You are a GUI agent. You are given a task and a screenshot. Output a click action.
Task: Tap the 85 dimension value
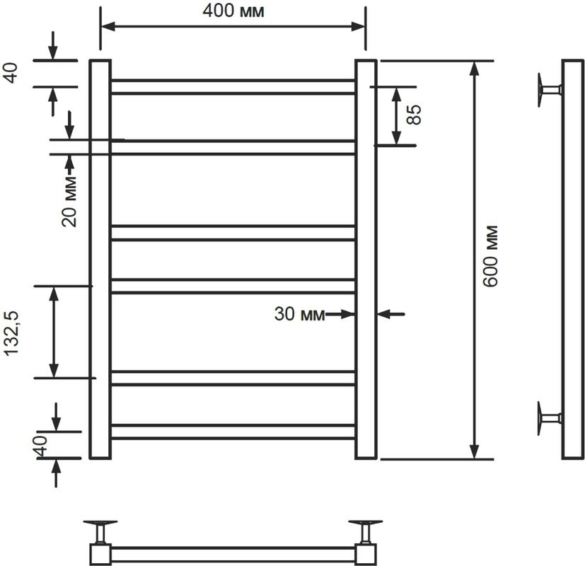pos(415,115)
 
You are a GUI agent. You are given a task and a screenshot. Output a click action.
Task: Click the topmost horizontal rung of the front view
pos(232,86)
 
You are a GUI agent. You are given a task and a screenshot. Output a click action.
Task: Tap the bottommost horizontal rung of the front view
pos(232,432)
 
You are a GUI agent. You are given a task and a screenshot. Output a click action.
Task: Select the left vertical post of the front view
pos(100,259)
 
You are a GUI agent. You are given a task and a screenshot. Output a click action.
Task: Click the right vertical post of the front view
pos(366,259)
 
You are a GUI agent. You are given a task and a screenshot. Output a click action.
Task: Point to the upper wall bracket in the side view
pos(548,90)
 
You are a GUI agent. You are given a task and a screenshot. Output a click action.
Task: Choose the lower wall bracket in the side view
pos(548,417)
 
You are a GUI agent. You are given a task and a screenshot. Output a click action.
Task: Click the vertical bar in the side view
pos(572,259)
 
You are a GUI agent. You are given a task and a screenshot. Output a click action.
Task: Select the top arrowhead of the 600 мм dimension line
pos(475,68)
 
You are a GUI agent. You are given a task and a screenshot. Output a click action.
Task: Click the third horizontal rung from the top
pos(232,233)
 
